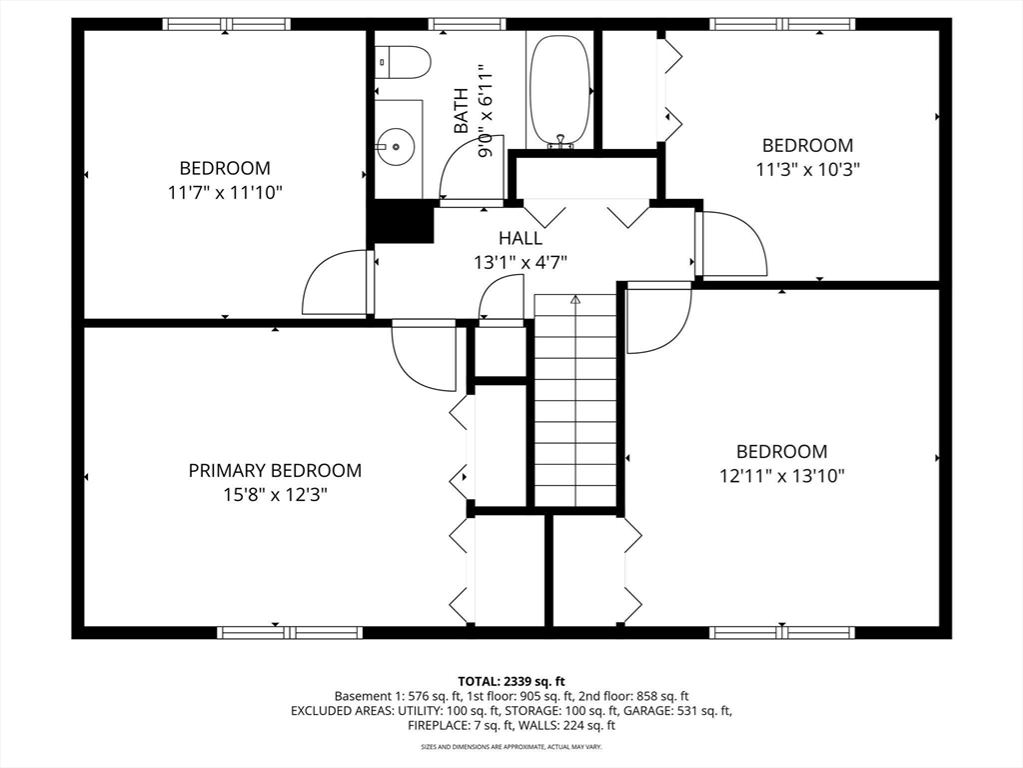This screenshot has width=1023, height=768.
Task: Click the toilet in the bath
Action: point(403,62)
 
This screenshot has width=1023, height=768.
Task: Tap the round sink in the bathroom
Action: point(396,146)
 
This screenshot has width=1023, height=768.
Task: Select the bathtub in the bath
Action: point(559,90)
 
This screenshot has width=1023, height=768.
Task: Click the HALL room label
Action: point(520,238)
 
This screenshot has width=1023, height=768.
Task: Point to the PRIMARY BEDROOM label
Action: point(275,470)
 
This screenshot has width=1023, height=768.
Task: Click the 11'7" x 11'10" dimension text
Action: point(225,193)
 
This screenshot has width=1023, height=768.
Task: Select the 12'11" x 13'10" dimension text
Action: point(781,475)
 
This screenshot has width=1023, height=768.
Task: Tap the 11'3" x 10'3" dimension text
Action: point(807,169)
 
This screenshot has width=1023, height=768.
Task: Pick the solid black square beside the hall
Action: point(401,222)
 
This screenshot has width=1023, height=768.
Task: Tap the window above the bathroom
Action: point(467,24)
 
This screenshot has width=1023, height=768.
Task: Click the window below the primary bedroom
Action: point(290,632)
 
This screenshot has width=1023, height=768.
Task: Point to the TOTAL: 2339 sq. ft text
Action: point(511,682)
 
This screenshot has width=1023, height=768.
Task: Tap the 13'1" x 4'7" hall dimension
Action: point(520,263)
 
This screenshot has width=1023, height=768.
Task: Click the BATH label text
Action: point(461,111)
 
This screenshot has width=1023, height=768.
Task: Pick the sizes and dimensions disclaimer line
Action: point(511,746)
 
